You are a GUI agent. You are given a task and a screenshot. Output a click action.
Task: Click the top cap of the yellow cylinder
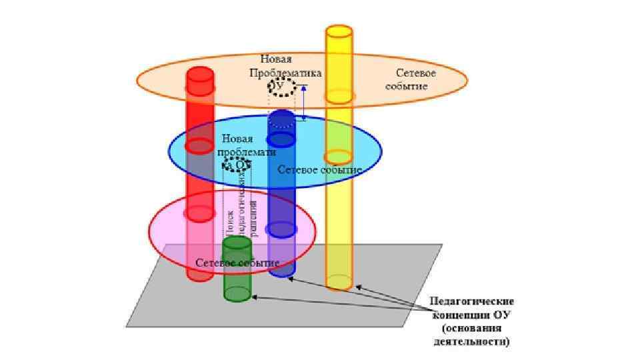click(x=339, y=32)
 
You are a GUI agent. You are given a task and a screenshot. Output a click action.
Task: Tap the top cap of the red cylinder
click(x=199, y=73)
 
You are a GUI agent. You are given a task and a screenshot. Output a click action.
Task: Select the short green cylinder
click(x=237, y=270)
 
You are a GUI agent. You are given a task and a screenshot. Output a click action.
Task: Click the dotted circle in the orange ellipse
click(x=281, y=86)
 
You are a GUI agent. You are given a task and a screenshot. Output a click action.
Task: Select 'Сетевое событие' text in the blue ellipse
click(x=319, y=170)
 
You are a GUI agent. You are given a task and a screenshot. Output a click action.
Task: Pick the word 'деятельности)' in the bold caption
click(x=471, y=342)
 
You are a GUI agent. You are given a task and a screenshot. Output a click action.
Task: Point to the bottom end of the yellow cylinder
click(x=339, y=283)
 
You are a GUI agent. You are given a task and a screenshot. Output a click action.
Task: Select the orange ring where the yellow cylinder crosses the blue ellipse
click(x=338, y=157)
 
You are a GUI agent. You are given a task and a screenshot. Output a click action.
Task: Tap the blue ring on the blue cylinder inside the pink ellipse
click(x=281, y=229)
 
